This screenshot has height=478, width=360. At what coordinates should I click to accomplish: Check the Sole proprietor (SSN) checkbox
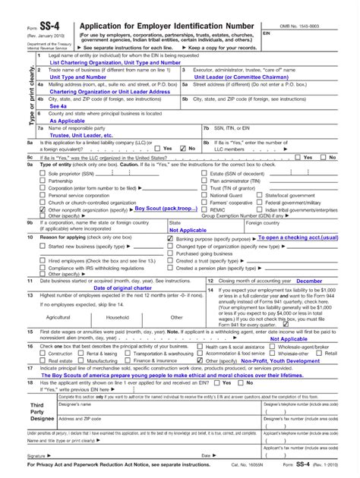(43, 173)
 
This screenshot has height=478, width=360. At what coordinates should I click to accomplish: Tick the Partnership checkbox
(43, 181)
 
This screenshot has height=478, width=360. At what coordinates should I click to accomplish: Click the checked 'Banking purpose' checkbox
(170, 239)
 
